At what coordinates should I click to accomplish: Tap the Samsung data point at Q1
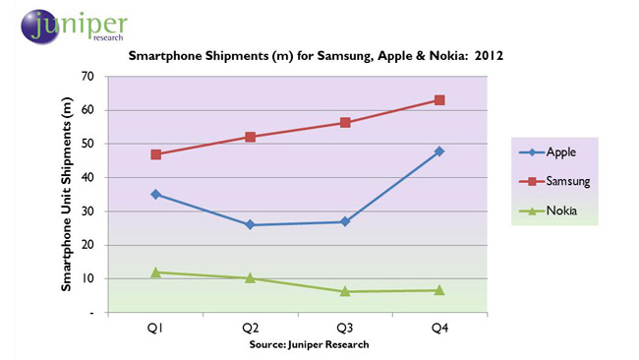(156, 154)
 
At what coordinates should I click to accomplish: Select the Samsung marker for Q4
(439, 100)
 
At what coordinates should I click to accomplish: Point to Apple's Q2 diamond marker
(251, 225)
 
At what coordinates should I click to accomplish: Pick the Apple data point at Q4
(439, 151)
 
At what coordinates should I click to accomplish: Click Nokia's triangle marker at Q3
(345, 291)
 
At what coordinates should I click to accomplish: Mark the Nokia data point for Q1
(156, 271)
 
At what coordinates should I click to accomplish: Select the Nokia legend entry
(555, 211)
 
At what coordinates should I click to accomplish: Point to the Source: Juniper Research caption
(299, 344)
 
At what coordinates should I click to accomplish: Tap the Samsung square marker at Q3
(345, 123)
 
